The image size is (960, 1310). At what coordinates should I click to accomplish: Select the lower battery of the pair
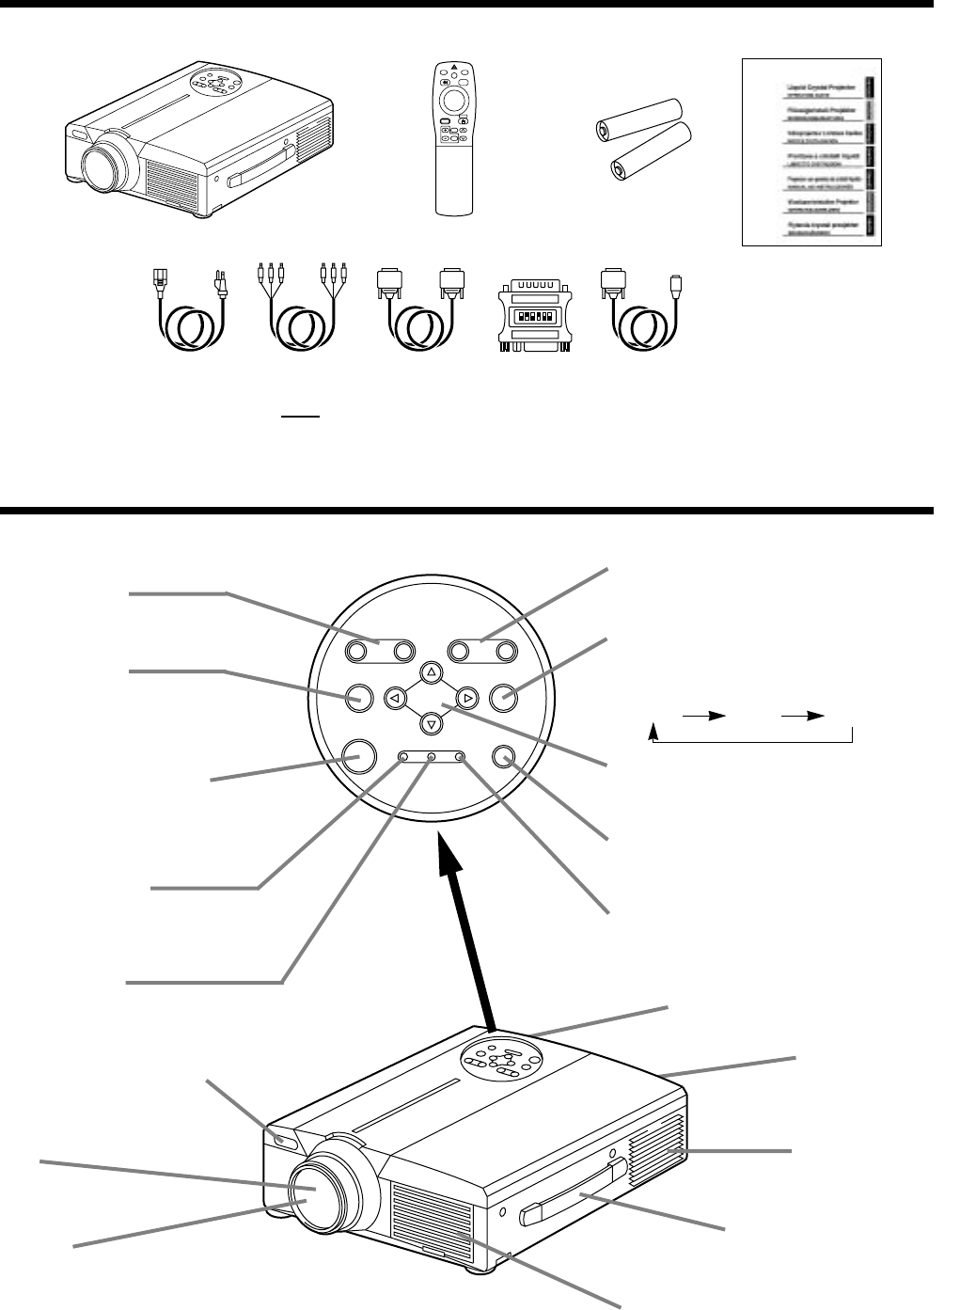click(652, 157)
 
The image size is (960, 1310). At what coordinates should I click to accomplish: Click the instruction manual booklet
click(812, 151)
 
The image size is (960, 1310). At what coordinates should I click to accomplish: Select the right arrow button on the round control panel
click(466, 698)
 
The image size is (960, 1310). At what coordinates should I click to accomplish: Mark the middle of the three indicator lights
click(432, 757)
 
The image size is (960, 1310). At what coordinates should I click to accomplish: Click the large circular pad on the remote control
click(453, 100)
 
